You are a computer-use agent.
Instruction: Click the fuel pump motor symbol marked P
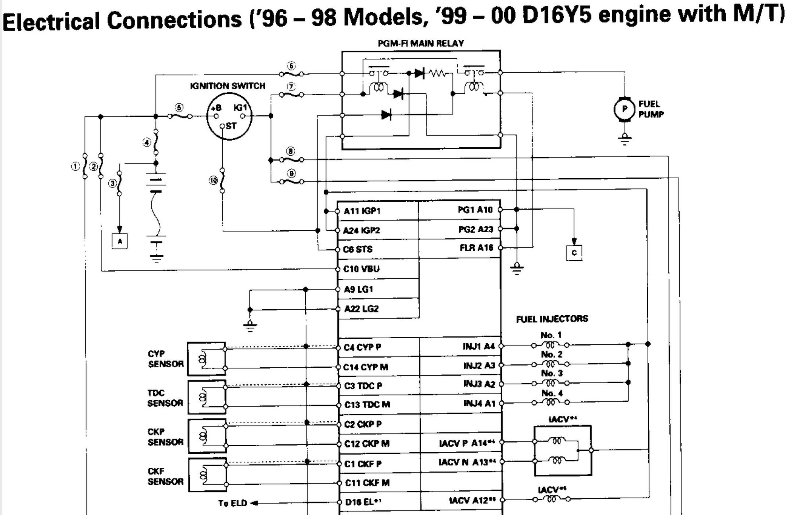tap(624, 109)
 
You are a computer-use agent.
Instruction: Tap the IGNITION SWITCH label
tap(227, 86)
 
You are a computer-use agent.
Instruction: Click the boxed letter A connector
tap(120, 241)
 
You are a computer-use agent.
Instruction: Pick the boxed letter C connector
tap(574, 253)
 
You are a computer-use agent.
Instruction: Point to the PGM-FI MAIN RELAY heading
tap(420, 43)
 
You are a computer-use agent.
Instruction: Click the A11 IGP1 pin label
tap(362, 211)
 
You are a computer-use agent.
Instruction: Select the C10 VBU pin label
tap(361, 269)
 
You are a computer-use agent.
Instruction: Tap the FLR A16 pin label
tap(476, 248)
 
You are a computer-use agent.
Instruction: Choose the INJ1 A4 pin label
tap(479, 347)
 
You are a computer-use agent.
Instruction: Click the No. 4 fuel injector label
tap(551, 393)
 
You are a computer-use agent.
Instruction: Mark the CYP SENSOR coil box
tap(206, 359)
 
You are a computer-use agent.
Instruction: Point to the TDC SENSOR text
tap(165, 398)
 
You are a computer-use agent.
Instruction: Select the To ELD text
tap(233, 503)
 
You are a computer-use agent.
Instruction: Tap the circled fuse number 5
tap(179, 108)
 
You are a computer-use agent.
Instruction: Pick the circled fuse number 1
tap(75, 166)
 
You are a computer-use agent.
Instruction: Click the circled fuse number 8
tap(291, 151)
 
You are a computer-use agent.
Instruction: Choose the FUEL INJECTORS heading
tap(552, 319)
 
